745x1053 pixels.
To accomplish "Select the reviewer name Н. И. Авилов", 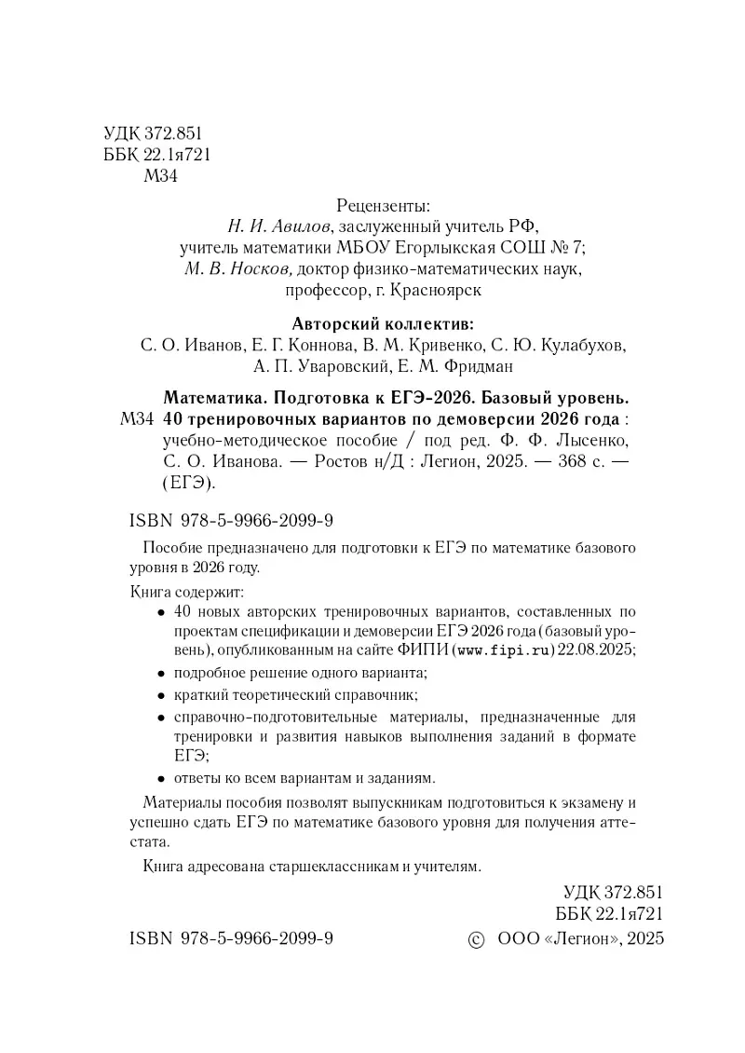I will [x=279, y=226].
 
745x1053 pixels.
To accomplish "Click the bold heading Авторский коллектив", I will [x=383, y=324].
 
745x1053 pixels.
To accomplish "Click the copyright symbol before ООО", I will [x=475, y=939].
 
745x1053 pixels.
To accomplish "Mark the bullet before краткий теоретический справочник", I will [x=162, y=696].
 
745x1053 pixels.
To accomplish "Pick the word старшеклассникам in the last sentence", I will [x=325, y=867].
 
